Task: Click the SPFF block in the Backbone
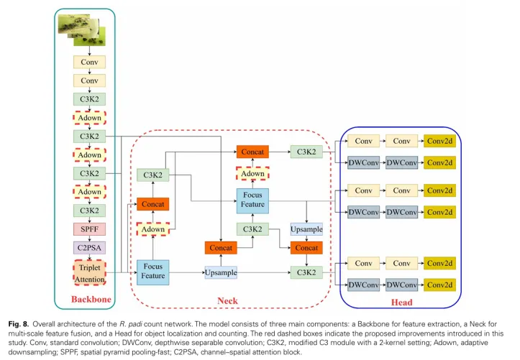(x=89, y=229)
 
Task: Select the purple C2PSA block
(x=89, y=247)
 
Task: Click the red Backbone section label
(x=90, y=300)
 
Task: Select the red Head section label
(x=401, y=303)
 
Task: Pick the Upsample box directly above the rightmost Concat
(x=307, y=229)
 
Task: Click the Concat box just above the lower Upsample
(x=221, y=248)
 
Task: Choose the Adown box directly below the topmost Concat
(x=252, y=174)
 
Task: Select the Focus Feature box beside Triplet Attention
(x=153, y=272)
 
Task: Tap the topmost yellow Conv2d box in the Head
(x=439, y=142)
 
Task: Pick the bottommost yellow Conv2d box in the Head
(x=439, y=285)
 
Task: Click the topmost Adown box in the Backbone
(x=89, y=117)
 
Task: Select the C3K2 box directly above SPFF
(x=89, y=210)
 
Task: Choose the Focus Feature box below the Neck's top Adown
(x=252, y=200)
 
